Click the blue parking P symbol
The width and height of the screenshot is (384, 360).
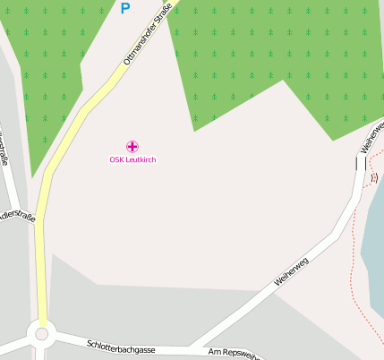pos(124,9)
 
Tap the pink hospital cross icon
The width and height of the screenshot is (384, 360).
pos(132,146)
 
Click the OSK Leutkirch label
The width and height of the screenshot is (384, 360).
pos(132,159)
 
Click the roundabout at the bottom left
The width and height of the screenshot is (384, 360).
pos(40,335)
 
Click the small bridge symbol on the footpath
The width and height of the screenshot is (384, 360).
pos(374,177)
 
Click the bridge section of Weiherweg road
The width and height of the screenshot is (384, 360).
pos(361,163)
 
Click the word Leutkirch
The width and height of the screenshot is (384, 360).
pos(141,159)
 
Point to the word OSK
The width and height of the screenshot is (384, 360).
pos(116,159)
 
